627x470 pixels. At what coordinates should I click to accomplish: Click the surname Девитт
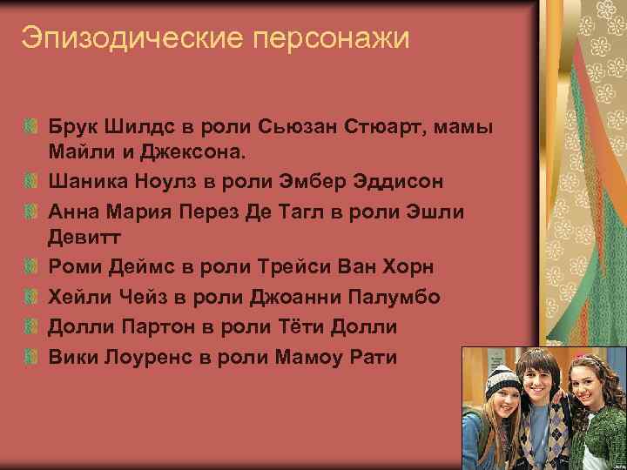85,239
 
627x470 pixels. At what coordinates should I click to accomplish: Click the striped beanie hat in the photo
502,381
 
